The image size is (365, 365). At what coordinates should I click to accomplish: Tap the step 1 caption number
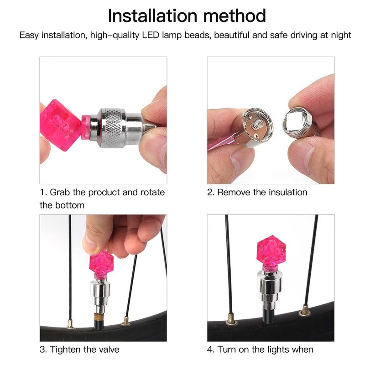point(42,192)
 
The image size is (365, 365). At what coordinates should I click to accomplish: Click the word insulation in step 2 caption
point(280,192)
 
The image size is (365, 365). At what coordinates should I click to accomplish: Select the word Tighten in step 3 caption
point(66,349)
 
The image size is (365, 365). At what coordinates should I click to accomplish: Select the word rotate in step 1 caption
point(153,192)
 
